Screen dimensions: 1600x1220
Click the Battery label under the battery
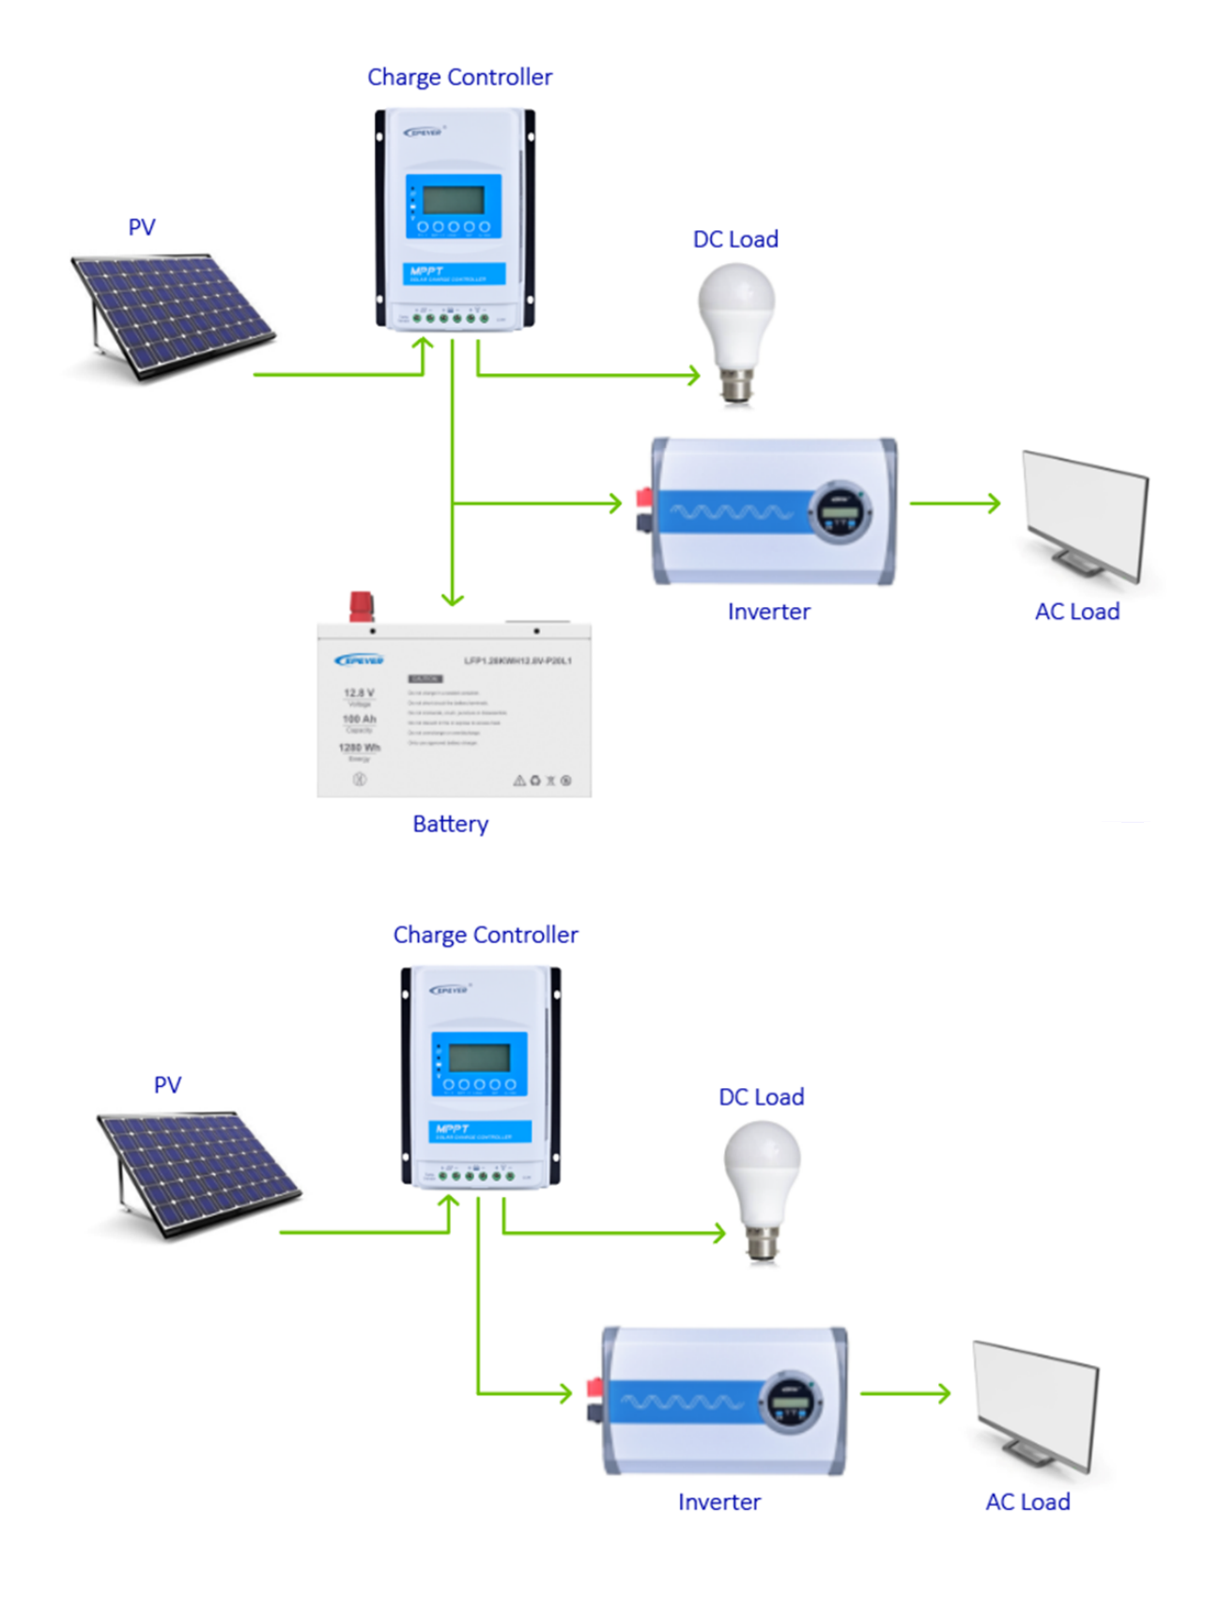tap(450, 823)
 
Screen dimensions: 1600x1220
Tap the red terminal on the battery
tap(361, 605)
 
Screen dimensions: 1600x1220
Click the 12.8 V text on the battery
tap(358, 692)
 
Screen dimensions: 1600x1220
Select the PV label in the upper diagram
tap(141, 227)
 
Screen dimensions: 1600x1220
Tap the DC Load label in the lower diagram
tap(761, 1096)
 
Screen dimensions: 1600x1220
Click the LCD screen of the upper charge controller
tap(454, 199)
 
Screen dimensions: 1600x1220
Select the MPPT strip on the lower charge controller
tap(480, 1131)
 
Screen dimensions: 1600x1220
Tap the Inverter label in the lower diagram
tap(718, 1501)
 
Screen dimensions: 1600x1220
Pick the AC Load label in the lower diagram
tap(1027, 1501)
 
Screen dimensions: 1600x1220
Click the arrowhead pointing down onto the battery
tap(453, 598)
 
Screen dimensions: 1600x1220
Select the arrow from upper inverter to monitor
tap(954, 504)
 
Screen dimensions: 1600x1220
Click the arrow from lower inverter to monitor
tap(904, 1393)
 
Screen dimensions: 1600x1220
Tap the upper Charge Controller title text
tap(459, 77)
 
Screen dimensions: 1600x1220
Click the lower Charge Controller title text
tap(485, 935)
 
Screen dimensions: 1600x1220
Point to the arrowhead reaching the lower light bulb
tap(718, 1233)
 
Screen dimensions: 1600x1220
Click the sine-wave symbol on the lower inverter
tap(682, 1403)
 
